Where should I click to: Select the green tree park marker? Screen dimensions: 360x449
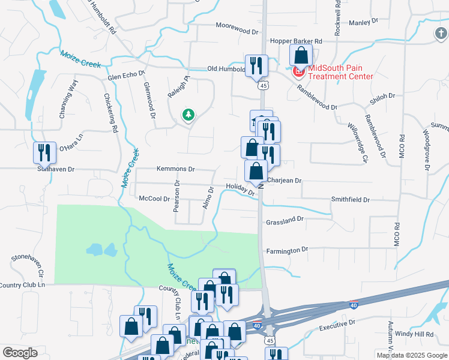pos(188,114)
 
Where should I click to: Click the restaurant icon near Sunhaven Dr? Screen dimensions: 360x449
pos(44,153)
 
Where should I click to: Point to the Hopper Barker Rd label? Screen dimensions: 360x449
pos(297,41)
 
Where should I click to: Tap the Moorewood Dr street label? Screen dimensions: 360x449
pos(237,26)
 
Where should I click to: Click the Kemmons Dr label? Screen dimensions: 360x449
pos(176,169)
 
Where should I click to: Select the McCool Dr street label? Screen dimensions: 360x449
pos(155,198)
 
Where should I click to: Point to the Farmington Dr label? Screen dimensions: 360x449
pos(287,249)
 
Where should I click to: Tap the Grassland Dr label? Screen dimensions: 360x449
pos(285,220)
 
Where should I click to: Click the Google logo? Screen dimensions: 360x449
pos(20,353)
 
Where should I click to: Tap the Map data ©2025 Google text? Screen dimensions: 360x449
pos(411,355)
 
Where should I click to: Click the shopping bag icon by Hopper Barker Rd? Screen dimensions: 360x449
pos(301,55)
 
